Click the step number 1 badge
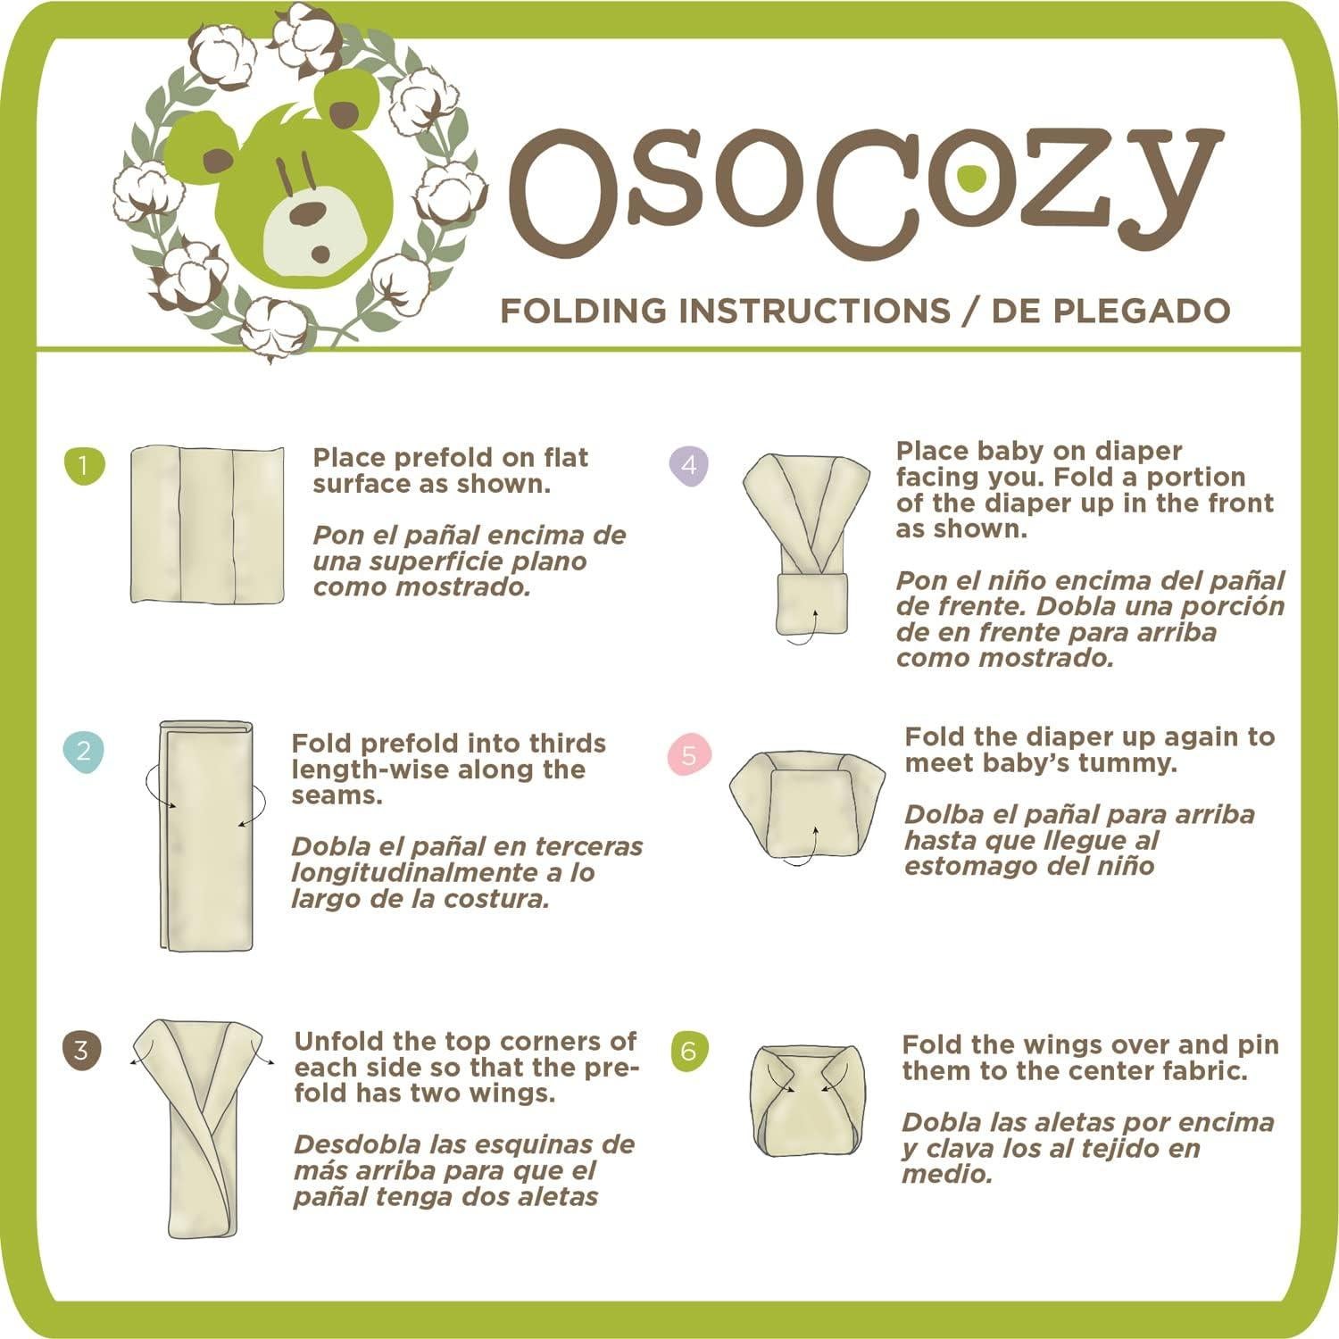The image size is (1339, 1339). coord(85,466)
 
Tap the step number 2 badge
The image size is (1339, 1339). coord(84,751)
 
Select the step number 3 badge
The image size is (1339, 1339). coord(82,1050)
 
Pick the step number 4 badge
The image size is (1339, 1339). coord(688,465)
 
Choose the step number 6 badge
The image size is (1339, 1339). coord(688,1051)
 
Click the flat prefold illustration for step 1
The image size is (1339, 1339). coord(207,526)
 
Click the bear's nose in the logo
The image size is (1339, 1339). coord(310,212)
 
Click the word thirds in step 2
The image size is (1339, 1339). coord(567,744)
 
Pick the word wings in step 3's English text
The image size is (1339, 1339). coord(512,1094)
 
